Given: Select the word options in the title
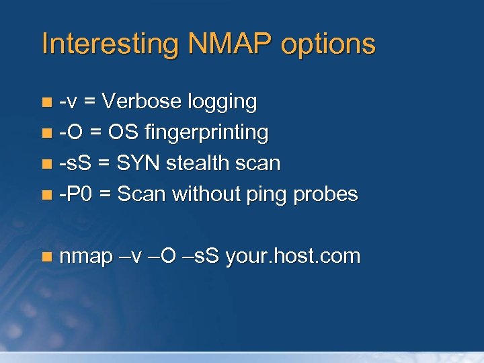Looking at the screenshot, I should [328, 44].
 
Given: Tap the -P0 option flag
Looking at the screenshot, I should [75, 194].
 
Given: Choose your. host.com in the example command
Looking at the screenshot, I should [294, 257].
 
